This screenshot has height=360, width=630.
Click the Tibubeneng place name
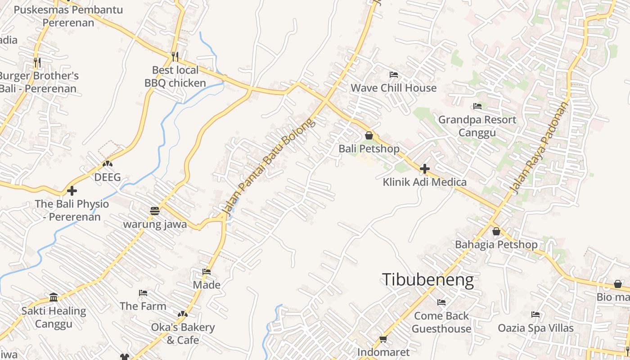[427, 280]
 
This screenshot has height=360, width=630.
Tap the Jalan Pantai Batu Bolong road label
[268, 166]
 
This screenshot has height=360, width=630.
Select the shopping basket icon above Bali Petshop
[369, 135]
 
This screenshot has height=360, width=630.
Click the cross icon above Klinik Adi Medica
[424, 169]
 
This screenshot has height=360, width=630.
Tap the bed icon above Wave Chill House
[394, 74]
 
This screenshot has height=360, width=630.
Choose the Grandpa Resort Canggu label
[477, 126]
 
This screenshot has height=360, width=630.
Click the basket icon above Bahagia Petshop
[496, 231]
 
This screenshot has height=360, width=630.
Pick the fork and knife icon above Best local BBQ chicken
[175, 56]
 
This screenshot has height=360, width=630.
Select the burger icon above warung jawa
[155, 211]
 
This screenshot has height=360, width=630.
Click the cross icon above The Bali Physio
[72, 191]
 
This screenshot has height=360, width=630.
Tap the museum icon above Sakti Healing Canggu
[54, 297]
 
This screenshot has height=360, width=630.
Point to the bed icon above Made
[207, 271]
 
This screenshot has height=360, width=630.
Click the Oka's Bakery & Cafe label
[183, 333]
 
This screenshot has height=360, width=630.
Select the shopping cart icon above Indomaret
[383, 339]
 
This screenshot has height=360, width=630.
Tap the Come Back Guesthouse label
[441, 322]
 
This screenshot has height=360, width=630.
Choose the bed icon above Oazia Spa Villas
[535, 315]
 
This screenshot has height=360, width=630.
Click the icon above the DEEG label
[107, 164]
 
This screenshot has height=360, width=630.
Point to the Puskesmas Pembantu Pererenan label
[68, 16]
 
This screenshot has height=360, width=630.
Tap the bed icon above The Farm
[143, 293]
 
